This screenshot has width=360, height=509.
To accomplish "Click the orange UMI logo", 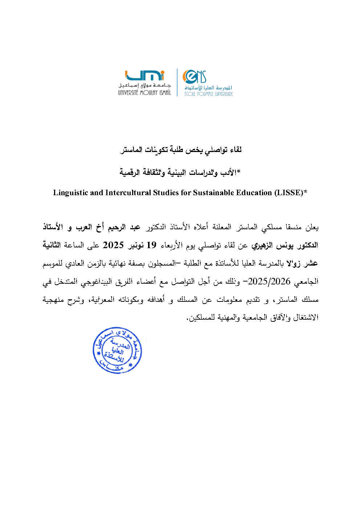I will (144, 75).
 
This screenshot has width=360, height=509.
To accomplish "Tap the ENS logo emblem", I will (195, 77).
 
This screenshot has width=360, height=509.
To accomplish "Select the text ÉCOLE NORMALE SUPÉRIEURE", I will (208, 94).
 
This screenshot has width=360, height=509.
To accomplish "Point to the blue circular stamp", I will (117, 351).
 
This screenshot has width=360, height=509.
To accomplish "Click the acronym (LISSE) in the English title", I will (290, 193).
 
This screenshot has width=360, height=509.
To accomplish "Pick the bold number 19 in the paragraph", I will (151, 245).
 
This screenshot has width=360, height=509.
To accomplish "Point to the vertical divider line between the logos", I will (177, 83).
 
